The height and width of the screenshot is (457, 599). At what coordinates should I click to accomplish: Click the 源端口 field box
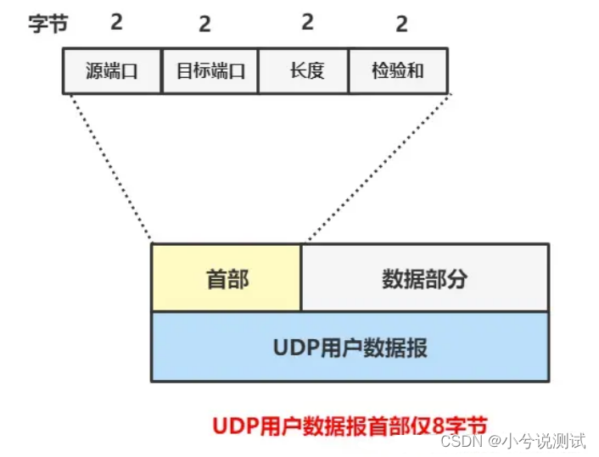[112, 70]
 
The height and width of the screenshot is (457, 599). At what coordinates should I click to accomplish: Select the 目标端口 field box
[210, 70]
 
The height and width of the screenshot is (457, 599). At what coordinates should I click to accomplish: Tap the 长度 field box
[304, 70]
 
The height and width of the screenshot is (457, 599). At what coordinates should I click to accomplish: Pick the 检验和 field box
[398, 70]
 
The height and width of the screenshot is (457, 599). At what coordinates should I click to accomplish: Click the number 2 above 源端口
[116, 22]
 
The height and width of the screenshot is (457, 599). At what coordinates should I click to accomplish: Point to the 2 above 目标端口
[204, 24]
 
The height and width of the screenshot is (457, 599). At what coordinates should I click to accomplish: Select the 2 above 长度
[307, 22]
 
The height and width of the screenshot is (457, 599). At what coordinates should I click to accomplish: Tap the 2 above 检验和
[401, 24]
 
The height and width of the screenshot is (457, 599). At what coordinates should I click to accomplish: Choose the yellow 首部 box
[227, 278]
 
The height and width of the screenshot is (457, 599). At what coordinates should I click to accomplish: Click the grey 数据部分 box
[424, 278]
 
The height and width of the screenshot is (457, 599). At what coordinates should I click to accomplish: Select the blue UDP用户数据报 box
[350, 347]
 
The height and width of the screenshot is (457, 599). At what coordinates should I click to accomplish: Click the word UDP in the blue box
[293, 347]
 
